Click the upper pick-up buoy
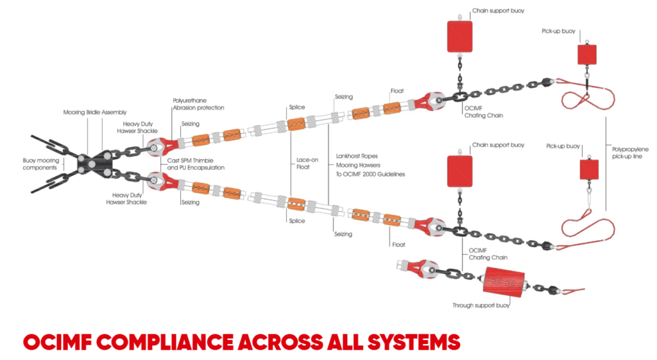pos(586,54)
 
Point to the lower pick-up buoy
pos(588,169)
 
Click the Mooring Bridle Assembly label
pos(95,112)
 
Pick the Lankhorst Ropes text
pos(356,156)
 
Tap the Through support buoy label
pos(481,305)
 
